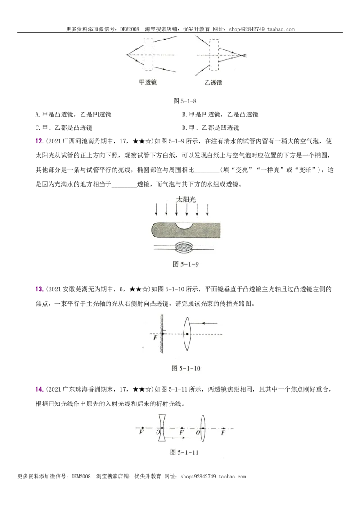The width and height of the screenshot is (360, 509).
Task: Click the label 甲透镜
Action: pos(148,82)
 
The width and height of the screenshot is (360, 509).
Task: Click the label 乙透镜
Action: pos(213,82)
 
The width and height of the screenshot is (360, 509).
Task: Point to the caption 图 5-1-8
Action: pos(185,101)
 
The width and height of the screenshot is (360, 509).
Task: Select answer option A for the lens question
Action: pos(73,114)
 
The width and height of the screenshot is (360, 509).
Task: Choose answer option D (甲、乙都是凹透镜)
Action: pos(211,128)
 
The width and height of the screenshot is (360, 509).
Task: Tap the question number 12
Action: pos(39,141)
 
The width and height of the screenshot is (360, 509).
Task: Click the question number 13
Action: pos(39,289)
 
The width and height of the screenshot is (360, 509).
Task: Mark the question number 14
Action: pos(39,389)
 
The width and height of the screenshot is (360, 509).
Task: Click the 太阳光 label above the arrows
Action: pos(186,199)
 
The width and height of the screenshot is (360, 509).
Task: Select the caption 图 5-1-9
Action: pos(185,264)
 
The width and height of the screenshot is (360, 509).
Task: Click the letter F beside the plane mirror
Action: pos(155,338)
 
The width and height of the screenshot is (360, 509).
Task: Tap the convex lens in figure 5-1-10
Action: pos(186,334)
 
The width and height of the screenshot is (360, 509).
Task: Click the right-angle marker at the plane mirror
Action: pos(165,332)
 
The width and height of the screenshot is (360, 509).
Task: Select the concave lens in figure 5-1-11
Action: pos(162,428)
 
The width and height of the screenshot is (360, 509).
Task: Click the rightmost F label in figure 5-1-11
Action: pos(223,433)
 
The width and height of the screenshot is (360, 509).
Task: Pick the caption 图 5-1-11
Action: pos(184,452)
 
